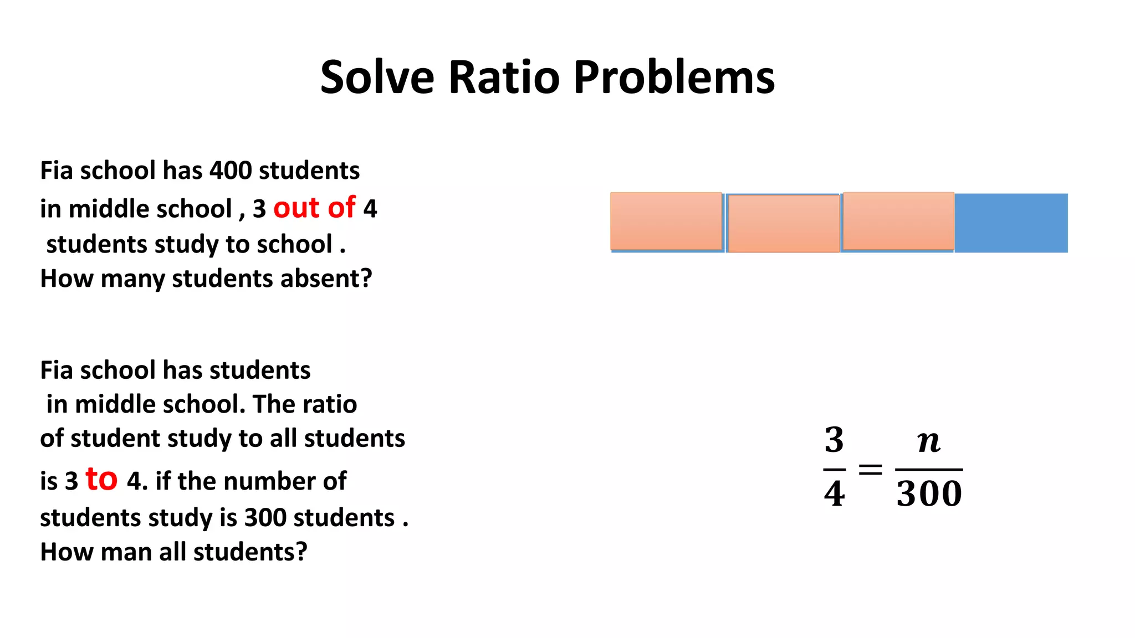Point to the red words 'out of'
click(314, 208)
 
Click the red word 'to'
click(101, 479)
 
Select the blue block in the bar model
click(1011, 223)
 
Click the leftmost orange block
click(666, 222)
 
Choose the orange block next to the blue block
click(898, 222)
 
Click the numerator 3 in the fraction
click(834, 440)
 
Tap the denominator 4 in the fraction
click(834, 494)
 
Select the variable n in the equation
click(929, 441)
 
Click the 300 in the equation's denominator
click(929, 494)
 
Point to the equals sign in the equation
click(870, 470)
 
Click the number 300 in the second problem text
click(265, 518)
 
